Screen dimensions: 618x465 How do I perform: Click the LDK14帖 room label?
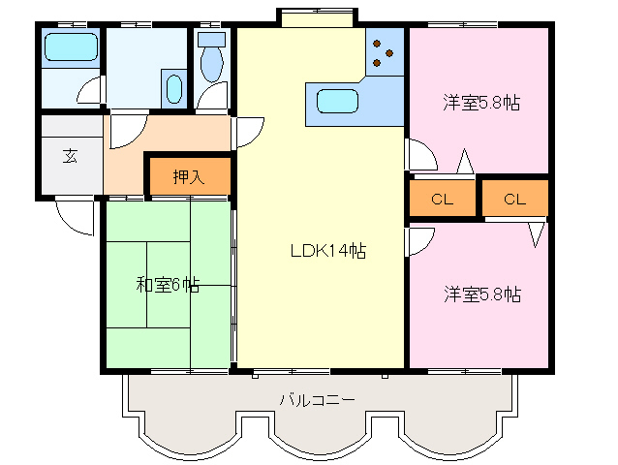tap(328, 251)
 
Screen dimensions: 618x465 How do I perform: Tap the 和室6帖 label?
tap(168, 285)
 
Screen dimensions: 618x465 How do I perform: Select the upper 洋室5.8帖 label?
tap(481, 103)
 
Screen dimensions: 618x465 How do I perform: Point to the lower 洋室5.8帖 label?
tap(482, 294)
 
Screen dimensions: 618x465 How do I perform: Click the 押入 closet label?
tap(189, 177)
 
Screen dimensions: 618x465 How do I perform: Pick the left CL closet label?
tap(442, 199)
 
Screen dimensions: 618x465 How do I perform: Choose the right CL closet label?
tap(514, 199)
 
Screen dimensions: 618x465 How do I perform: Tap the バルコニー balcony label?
tap(318, 400)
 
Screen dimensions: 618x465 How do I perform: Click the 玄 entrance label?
tap(70, 156)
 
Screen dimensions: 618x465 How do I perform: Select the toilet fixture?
tap(212, 56)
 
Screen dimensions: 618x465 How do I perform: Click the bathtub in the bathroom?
tap(71, 46)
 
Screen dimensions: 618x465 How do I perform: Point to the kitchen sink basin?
tap(338, 102)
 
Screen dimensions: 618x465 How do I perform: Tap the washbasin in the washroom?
tap(174, 89)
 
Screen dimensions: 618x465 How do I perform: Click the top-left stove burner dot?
tap(377, 44)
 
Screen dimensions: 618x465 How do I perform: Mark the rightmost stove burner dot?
tap(389, 53)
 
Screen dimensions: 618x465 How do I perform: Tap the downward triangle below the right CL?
tap(536, 234)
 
